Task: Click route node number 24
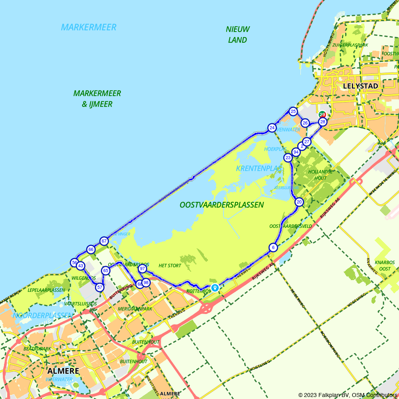click(x=272, y=128)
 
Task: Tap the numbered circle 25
click(x=293, y=111)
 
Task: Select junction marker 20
click(x=299, y=202)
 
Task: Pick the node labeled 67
click(x=104, y=241)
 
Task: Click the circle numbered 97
click(x=142, y=269)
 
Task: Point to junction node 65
click(x=106, y=271)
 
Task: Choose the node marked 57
click(x=100, y=287)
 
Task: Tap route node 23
click(x=288, y=158)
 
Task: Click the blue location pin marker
click(x=215, y=287)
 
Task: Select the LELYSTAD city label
click(x=361, y=86)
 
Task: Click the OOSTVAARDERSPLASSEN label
click(x=221, y=205)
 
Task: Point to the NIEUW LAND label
click(x=238, y=34)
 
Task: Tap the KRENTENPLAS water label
click(x=259, y=168)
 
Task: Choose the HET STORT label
click(x=170, y=265)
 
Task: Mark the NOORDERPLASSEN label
click(x=43, y=315)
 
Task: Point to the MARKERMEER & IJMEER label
click(x=97, y=99)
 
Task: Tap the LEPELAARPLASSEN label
click(x=46, y=290)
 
